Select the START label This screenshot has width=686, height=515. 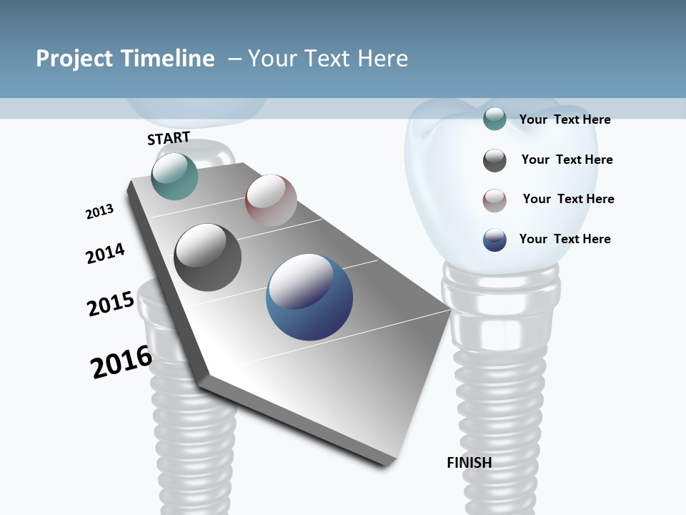point(169,138)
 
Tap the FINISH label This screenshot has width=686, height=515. point(469,463)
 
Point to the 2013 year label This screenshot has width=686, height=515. point(99,212)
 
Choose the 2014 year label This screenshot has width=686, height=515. point(105,254)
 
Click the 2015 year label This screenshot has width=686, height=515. point(111,304)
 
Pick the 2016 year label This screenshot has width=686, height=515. point(121,362)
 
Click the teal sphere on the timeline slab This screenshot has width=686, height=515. point(174,176)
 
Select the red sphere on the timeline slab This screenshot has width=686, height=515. point(271,200)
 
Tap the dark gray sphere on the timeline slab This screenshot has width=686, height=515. point(208,257)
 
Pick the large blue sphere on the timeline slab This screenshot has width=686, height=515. point(309,297)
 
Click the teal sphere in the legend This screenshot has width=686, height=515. point(494,119)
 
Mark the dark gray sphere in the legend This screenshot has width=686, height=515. point(494,160)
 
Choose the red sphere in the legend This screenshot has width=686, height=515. point(494,200)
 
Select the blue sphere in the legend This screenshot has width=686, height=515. point(494,240)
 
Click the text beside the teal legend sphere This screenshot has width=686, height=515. point(565,120)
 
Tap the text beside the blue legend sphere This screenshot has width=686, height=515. point(565,239)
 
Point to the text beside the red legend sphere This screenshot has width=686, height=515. point(568,199)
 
